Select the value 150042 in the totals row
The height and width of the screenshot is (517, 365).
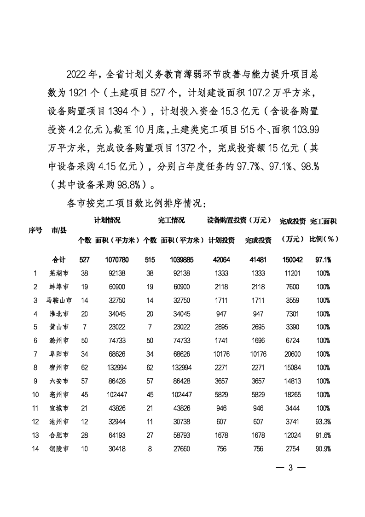[x=292, y=259]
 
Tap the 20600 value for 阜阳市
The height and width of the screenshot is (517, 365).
[x=292, y=354]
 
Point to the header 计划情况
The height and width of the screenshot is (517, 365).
[x=107, y=221]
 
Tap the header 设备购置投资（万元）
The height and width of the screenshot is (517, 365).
[x=238, y=221]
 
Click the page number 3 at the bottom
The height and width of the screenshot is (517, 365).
[x=290, y=468]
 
